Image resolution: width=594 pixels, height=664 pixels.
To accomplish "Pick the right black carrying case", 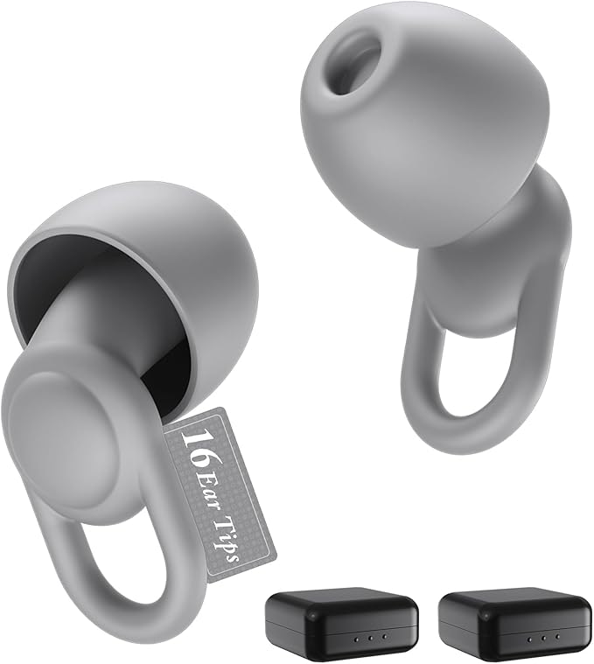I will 514,619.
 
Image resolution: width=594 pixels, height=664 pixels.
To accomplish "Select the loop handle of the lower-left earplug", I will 122,577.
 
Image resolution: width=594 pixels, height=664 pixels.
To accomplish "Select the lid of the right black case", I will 514,599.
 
